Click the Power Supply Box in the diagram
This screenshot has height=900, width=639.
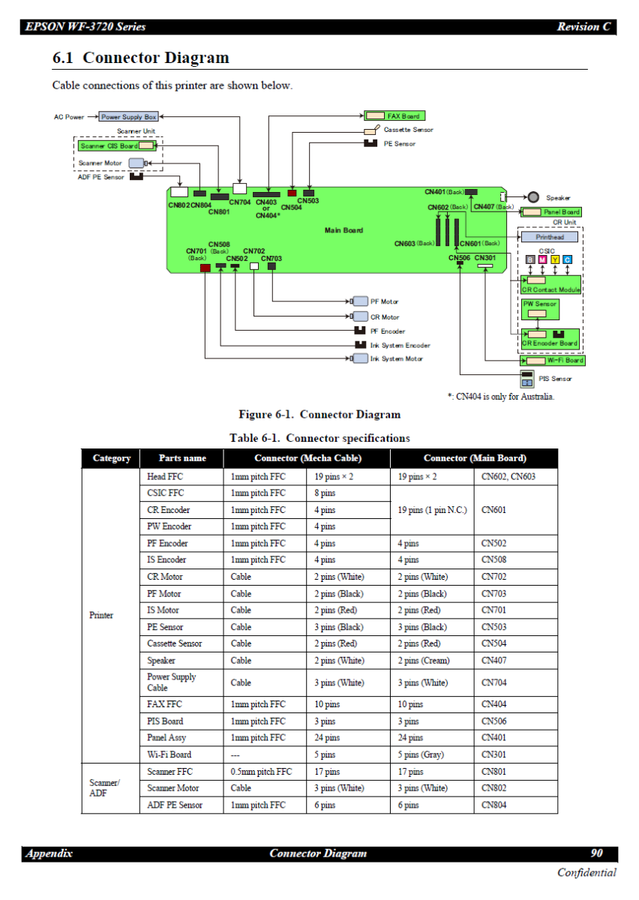[128, 117]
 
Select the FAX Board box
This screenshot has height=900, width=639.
[394, 116]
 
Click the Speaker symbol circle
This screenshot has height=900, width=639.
[533, 197]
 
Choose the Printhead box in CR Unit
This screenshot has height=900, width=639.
[550, 237]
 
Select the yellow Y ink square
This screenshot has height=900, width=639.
[555, 259]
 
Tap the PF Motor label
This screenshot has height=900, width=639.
[384, 301]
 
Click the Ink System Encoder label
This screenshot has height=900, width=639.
[400, 345]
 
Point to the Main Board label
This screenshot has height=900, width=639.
[343, 230]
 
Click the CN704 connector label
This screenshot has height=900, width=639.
[240, 202]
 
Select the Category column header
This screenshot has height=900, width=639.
[112, 458]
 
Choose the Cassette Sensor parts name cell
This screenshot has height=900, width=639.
[174, 643]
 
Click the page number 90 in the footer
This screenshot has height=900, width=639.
[597, 853]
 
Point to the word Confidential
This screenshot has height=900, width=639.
[586, 872]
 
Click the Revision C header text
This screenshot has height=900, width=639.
[583, 27]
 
